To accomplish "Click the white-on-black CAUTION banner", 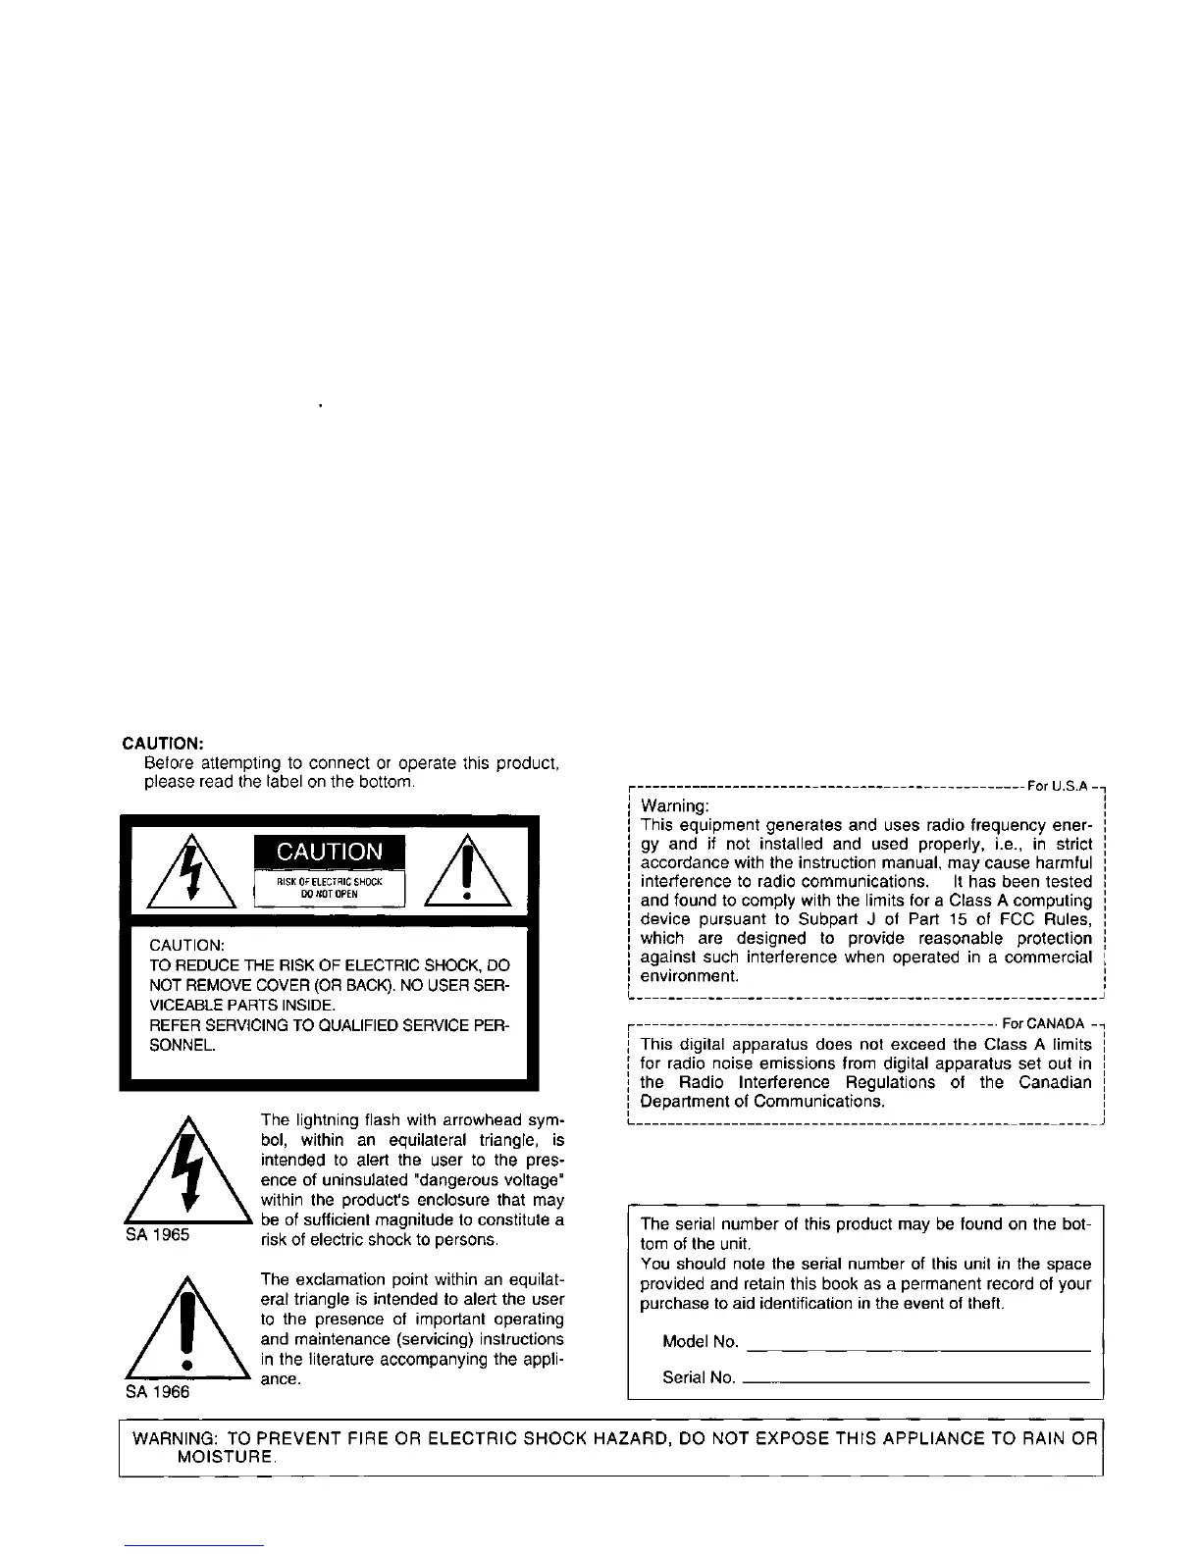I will click(x=330, y=852).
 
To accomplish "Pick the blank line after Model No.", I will click(x=918, y=1350).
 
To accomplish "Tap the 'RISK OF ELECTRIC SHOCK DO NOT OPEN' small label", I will click(x=330, y=888).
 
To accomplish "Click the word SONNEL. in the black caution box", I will click(x=182, y=1045).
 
